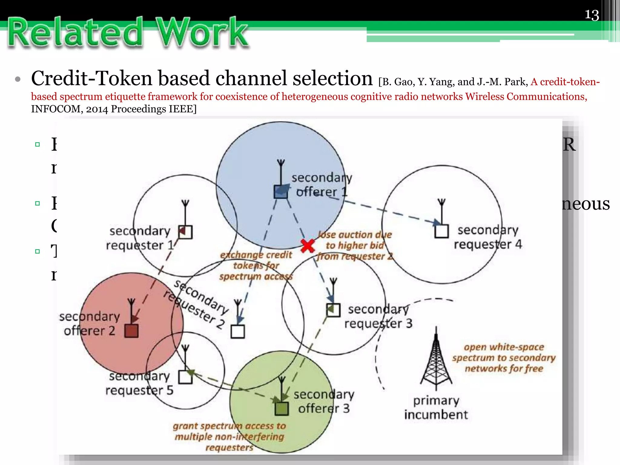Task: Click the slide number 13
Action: coord(592,15)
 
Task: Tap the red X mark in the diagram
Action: coord(308,246)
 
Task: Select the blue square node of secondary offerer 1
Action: coord(281,192)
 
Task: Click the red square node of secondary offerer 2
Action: coord(131,331)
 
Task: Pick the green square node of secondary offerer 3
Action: coord(282,409)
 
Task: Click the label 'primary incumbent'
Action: coord(436,407)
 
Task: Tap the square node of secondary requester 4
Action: coord(441,231)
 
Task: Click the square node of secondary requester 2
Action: coord(238,331)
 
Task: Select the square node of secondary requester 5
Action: coord(185,377)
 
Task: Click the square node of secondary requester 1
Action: coord(185,232)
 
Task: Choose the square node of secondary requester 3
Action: coord(333,310)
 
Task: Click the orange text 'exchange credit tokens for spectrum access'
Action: coord(256,265)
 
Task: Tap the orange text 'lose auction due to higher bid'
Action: coord(355,240)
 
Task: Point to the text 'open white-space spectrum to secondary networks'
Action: coord(504,358)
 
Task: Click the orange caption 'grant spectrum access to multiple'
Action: coord(229,431)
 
